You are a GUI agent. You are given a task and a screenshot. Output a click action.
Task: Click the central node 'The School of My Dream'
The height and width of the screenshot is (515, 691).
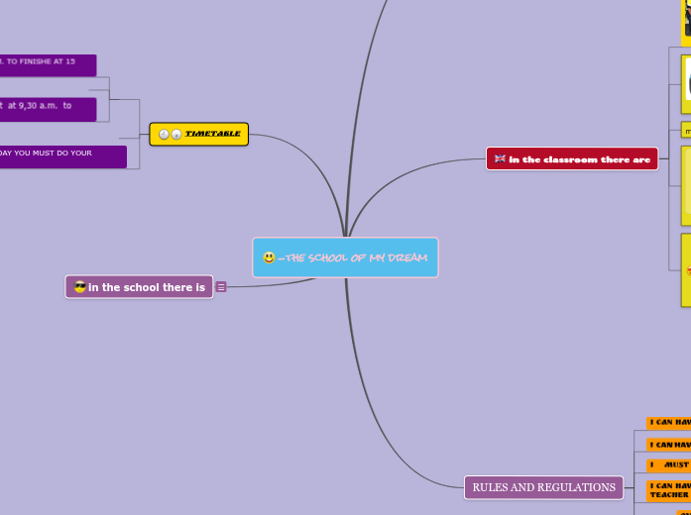[345, 257]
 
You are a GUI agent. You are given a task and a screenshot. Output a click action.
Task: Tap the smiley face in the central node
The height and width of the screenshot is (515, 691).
[269, 257]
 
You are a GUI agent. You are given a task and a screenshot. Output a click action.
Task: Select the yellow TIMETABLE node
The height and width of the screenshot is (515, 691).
[198, 134]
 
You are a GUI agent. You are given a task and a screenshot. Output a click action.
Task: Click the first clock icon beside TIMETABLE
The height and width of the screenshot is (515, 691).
[164, 135]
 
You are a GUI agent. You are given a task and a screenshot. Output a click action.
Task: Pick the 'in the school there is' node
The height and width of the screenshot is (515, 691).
[139, 287]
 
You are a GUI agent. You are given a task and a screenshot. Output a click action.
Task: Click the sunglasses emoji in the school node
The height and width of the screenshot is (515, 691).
[80, 288]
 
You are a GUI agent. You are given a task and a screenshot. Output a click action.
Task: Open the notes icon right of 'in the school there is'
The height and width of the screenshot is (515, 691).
[221, 287]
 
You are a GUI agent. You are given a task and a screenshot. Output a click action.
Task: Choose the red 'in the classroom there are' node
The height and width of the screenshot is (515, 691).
[572, 158]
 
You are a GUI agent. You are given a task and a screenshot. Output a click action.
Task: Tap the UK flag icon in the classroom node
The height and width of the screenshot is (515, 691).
[500, 158]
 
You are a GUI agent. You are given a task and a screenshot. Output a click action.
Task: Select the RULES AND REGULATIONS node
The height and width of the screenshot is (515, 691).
[543, 487]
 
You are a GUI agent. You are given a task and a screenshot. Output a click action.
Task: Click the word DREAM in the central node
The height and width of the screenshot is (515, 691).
[406, 257]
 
